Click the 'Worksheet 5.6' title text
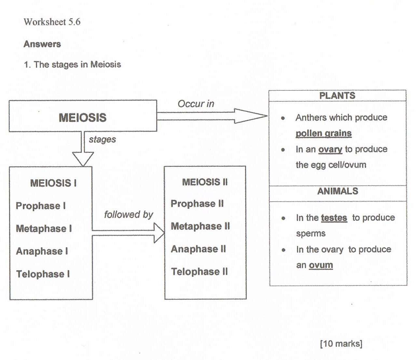point(52,22)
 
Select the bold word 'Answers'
point(42,44)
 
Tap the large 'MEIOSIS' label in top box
point(83,117)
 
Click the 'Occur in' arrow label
point(196,104)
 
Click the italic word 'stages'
point(102,139)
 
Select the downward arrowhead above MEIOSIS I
point(83,159)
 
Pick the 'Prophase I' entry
point(41,206)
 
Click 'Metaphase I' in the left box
point(44,229)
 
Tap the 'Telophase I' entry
point(43,274)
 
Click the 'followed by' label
point(128,215)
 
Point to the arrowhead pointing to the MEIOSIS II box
point(159,233)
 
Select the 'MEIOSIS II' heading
point(205,182)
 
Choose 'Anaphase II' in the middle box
point(198,249)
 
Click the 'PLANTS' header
point(337,96)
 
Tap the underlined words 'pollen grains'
point(324,133)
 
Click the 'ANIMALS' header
point(338,191)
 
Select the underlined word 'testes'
point(334,218)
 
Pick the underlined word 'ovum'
point(321,265)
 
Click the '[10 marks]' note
point(341,343)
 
